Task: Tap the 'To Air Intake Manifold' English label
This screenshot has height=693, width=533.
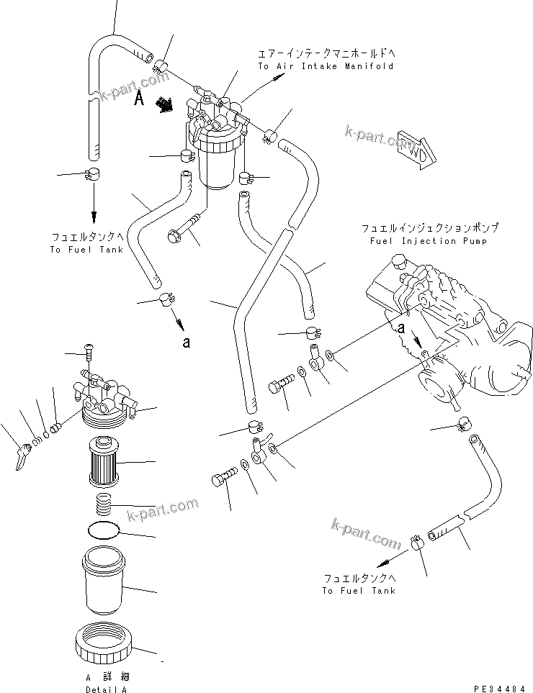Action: coord(326,66)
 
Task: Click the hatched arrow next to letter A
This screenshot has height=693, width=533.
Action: coord(166,105)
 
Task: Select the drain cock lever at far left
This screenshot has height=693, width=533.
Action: coord(22,456)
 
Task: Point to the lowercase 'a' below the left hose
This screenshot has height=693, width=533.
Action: coord(187,343)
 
